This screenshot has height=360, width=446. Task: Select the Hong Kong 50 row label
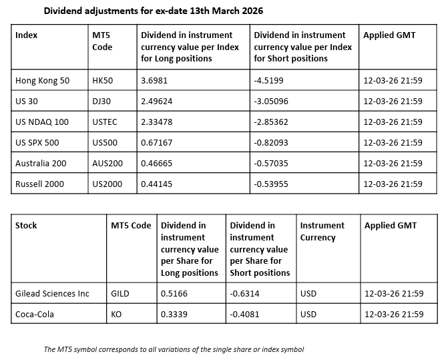click(x=42, y=80)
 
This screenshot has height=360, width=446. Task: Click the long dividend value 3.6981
click(x=154, y=80)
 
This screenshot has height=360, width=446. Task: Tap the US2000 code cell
click(x=107, y=184)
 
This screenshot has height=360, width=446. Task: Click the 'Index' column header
click(x=26, y=35)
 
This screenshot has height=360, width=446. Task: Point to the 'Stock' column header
click(x=26, y=225)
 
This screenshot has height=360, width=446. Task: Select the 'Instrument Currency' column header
click(x=322, y=231)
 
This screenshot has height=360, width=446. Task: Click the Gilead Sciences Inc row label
click(x=52, y=293)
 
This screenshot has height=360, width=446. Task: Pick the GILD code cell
click(x=122, y=293)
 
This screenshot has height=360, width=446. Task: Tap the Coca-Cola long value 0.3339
click(x=174, y=314)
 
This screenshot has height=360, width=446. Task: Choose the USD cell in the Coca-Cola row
click(x=308, y=314)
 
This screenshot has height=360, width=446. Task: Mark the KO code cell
click(x=118, y=314)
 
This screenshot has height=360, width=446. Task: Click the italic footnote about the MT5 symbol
click(x=174, y=349)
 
